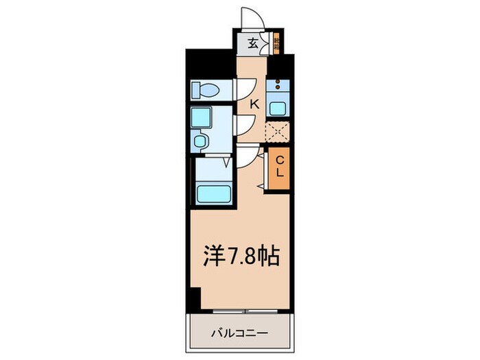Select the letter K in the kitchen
(x=254, y=104)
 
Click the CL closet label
(x=280, y=167)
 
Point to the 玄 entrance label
(x=252, y=43)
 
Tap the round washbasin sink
(x=200, y=141)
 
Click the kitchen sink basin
(x=278, y=108)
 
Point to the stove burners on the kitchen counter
(x=278, y=87)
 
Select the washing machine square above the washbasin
(x=202, y=118)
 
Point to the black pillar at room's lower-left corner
(x=195, y=298)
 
